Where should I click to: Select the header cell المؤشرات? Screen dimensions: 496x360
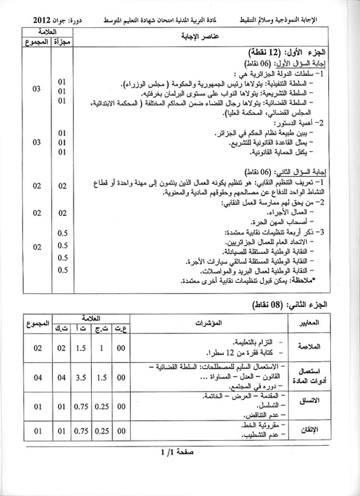tap(209, 323)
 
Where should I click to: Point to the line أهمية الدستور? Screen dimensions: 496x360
tap(304, 124)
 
